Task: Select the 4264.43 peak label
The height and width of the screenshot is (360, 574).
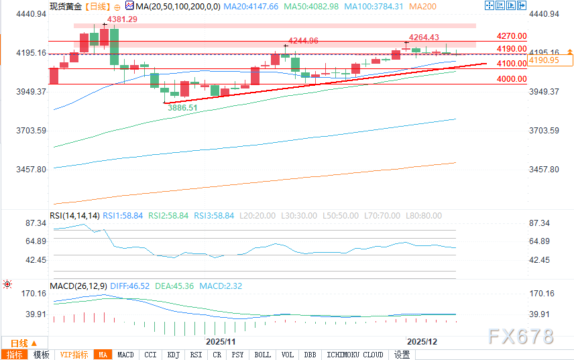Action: (424, 38)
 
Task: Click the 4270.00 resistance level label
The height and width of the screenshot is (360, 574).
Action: (512, 36)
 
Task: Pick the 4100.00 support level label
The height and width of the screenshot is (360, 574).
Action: (512, 64)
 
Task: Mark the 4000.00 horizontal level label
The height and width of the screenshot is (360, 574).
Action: (512, 79)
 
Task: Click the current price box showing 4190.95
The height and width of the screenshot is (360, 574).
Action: (544, 60)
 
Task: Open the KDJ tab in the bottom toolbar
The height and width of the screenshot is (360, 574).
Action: (174, 355)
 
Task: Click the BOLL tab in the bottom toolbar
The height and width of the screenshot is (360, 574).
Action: (263, 355)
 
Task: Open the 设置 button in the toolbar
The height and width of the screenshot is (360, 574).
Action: (402, 355)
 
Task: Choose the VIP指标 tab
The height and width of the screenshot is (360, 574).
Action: (74, 355)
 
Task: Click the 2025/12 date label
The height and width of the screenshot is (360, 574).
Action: (422, 341)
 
